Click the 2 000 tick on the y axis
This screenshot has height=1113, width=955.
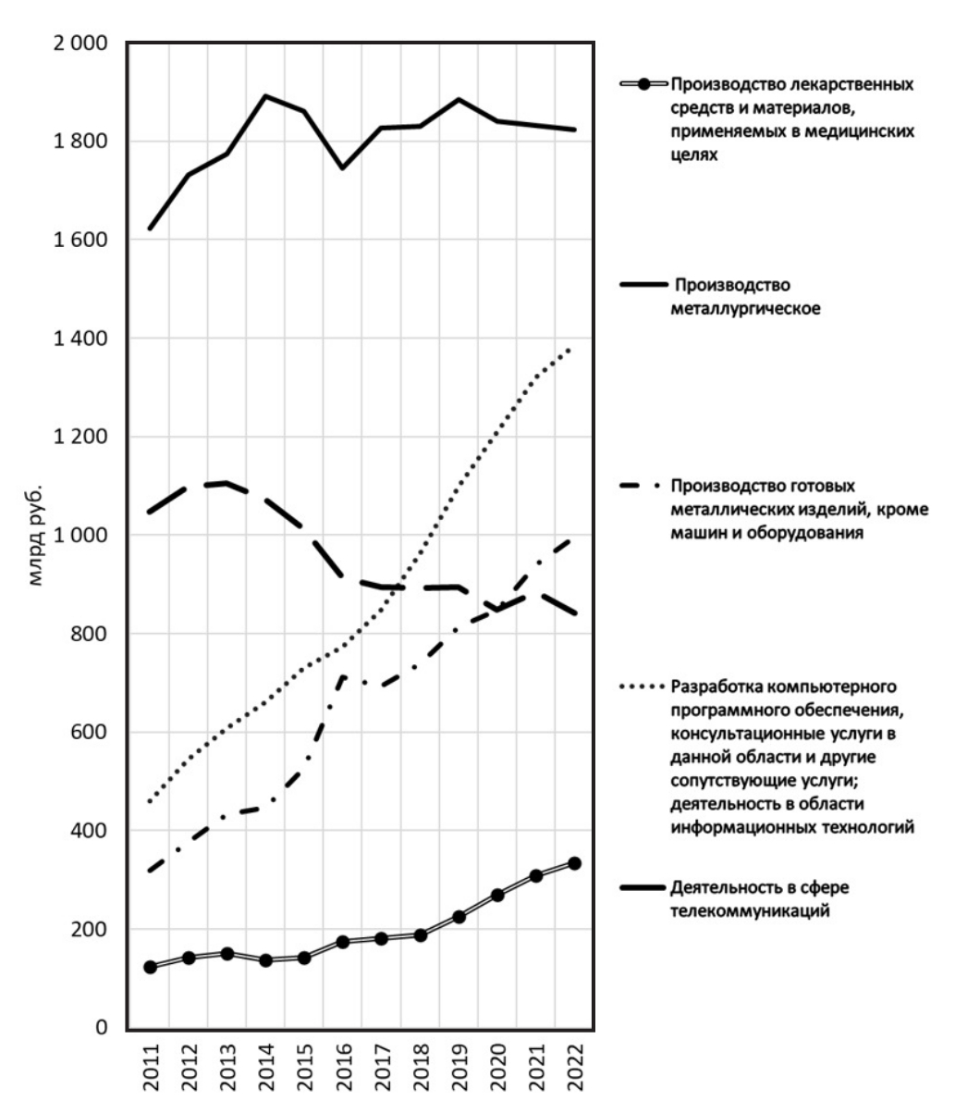coord(82,43)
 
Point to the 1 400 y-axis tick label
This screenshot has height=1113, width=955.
coord(82,339)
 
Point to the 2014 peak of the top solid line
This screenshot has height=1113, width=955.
coord(266,95)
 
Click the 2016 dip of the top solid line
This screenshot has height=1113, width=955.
coord(343,167)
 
